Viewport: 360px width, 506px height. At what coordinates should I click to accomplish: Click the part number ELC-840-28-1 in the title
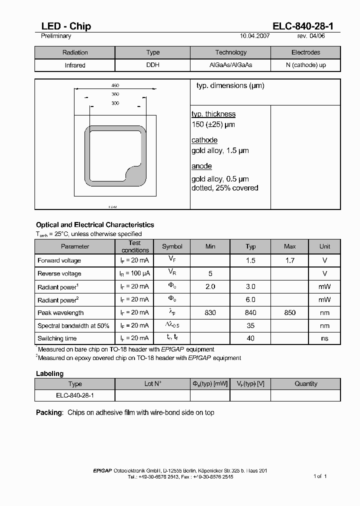(x=306, y=26)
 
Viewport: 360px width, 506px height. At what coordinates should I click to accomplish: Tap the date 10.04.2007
(x=255, y=36)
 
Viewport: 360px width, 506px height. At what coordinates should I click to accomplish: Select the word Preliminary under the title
(x=56, y=36)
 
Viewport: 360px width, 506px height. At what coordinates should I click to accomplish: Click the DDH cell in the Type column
(x=152, y=65)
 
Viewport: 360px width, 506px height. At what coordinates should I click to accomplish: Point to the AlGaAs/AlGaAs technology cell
(x=230, y=65)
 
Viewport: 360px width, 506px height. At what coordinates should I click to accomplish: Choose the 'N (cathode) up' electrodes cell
(x=305, y=65)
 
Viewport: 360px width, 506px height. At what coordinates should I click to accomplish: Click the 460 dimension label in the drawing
(x=115, y=85)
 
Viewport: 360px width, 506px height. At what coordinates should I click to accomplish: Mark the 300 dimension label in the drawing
(x=115, y=103)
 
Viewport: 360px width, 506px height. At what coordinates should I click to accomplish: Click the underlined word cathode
(x=204, y=140)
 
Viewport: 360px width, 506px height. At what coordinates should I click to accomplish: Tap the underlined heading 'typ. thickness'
(x=213, y=114)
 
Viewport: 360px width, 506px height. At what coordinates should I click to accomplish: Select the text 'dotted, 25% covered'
(x=225, y=188)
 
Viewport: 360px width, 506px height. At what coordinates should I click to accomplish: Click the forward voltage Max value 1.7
(x=289, y=260)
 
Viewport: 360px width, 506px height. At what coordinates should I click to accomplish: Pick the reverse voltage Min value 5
(x=210, y=273)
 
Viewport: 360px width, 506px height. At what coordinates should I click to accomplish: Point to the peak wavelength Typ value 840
(x=250, y=312)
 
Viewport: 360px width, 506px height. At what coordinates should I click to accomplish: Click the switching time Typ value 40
(x=250, y=338)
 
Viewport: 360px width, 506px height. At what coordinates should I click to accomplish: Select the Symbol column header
(x=172, y=246)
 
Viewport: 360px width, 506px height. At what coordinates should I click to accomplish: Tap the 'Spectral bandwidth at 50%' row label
(x=73, y=325)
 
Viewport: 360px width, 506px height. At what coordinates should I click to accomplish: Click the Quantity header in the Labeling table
(x=305, y=384)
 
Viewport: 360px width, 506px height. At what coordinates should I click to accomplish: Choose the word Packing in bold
(x=49, y=412)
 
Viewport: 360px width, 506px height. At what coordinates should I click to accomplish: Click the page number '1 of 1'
(x=320, y=476)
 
